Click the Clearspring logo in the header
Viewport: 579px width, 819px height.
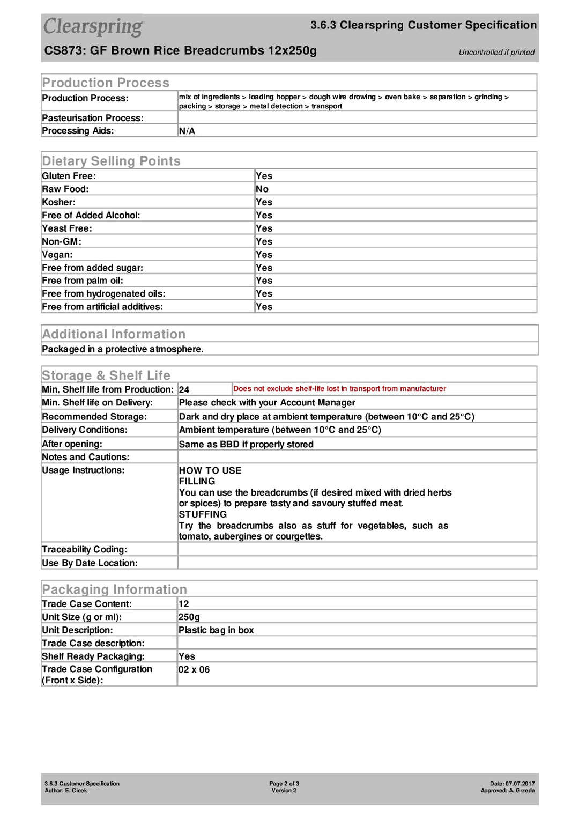coord(93,27)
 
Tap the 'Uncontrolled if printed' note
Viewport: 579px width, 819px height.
coord(496,53)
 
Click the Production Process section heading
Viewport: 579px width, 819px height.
coord(106,83)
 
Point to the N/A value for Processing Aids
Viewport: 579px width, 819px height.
coord(187,131)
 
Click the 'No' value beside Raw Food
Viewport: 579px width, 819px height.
coord(262,189)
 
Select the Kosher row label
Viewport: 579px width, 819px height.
coord(59,202)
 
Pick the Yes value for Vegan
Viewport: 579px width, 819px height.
coord(264,255)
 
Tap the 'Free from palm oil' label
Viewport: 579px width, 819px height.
coord(83,281)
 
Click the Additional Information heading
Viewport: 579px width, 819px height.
coord(114,334)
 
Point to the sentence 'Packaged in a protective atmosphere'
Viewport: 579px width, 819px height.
coord(123,349)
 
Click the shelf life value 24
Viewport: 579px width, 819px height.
coord(184,390)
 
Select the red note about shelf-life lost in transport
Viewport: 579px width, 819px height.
coord(339,389)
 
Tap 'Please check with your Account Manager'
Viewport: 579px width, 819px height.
coord(267,403)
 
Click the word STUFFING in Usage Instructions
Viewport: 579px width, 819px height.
coord(203,514)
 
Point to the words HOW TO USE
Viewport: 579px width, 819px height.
coord(210,470)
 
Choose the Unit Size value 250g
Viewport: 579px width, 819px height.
coord(189,617)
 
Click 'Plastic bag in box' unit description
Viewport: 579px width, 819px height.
coord(216,630)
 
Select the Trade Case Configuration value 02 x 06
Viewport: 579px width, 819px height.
coord(194,670)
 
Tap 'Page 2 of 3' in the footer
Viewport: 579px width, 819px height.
coord(284,784)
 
